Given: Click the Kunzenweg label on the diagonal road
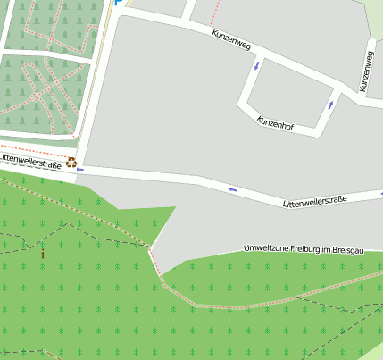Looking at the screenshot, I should point(231,41).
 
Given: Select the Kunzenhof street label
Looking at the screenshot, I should point(275,123).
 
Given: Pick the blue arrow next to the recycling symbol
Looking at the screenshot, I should point(81,168).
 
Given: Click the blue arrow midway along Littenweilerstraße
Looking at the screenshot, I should point(233,188).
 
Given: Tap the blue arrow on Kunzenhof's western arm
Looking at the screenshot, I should point(257,64).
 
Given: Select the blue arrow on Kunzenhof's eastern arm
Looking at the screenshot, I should point(330,105).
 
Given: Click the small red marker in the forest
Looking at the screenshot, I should point(42,254).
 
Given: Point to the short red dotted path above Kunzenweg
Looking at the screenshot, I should point(213,13).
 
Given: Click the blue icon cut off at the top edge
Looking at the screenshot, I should point(119,3).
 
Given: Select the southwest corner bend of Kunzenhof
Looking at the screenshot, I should point(242,105).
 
